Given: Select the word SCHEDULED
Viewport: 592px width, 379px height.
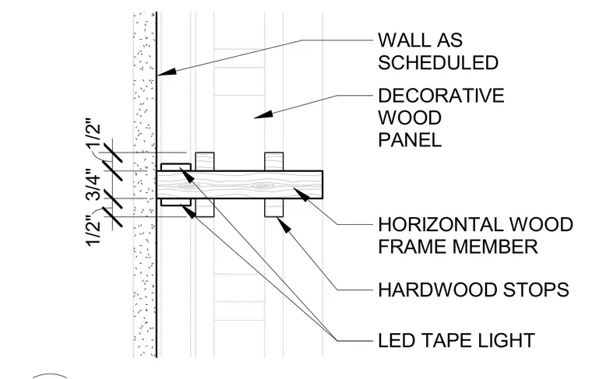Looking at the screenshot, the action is (x=439, y=62).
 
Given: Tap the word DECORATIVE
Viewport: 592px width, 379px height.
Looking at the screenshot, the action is (x=441, y=96).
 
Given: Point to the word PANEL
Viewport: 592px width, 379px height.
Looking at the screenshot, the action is (x=410, y=140).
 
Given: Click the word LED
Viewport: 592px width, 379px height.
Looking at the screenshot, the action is (x=396, y=341).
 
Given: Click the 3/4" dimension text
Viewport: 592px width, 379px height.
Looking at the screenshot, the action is (x=93, y=184).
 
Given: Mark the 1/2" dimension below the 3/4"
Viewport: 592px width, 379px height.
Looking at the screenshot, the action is (x=93, y=230).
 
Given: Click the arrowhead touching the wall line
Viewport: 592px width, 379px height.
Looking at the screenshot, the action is (x=167, y=72).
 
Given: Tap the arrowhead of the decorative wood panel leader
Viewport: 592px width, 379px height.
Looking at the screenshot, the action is (x=263, y=114).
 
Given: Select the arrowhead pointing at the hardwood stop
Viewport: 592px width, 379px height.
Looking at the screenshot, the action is (x=284, y=224).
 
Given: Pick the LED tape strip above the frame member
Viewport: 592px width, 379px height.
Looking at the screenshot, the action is (x=176, y=167).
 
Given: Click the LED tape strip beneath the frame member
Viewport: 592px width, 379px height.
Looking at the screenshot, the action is (x=176, y=202).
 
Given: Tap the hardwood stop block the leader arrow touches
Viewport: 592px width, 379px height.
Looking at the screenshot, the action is (x=273, y=208).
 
